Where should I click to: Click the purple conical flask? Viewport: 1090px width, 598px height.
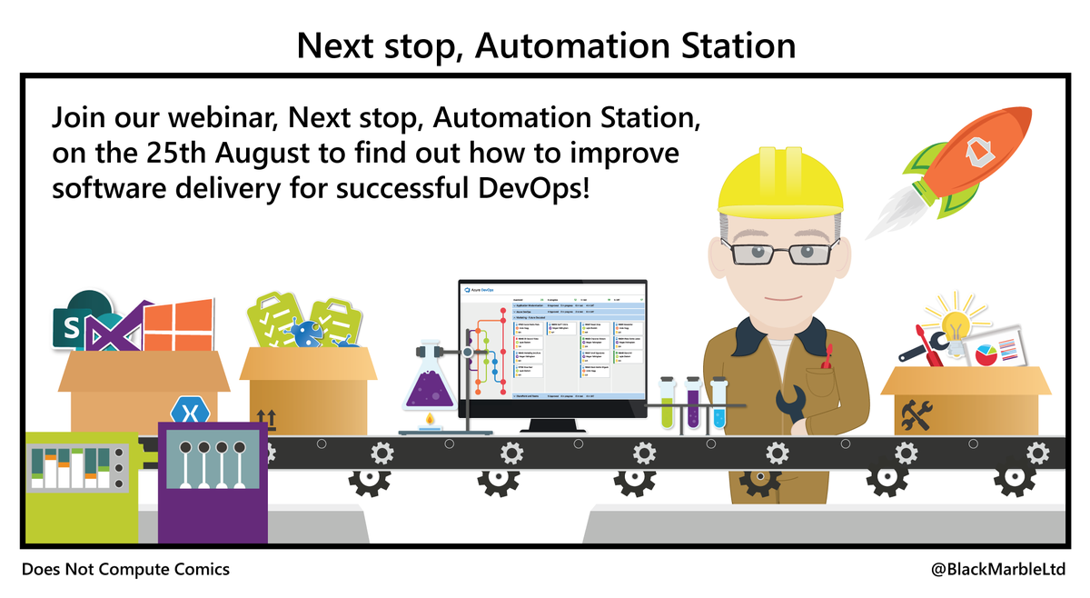[x=429, y=386]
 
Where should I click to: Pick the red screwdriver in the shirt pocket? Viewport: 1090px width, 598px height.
[x=826, y=359]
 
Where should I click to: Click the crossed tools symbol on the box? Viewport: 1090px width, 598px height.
[x=913, y=416]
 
